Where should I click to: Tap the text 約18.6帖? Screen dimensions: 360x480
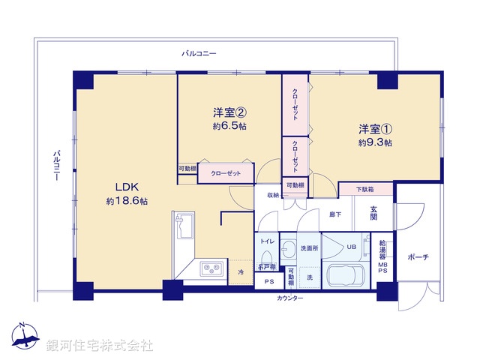tap(126, 202)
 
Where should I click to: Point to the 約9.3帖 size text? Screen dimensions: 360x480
tap(374, 142)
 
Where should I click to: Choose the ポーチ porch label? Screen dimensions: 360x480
tap(418, 257)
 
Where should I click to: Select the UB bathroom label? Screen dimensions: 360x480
tap(351, 246)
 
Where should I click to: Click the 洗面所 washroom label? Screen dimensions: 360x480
tap(310, 247)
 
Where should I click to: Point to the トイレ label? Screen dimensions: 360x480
tap(266, 241)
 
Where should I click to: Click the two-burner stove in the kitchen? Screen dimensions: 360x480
tap(209, 268)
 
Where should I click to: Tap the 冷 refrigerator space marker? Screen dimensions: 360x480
tap(241, 271)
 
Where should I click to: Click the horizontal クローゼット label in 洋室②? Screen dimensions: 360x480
tap(226, 173)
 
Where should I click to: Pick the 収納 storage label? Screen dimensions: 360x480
tap(271, 195)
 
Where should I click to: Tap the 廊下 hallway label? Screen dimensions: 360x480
tap(335, 214)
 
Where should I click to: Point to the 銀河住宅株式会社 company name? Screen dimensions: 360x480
tap(100, 345)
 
